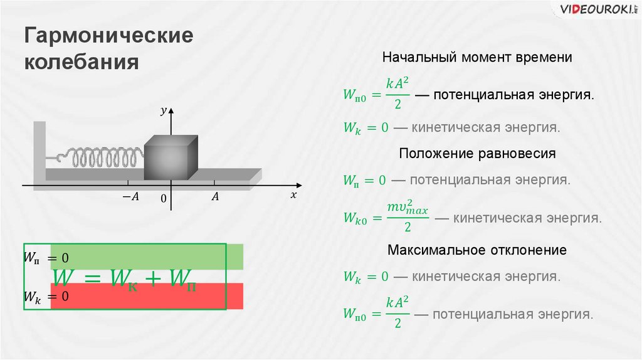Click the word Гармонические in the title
pos(108,36)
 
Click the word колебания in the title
pos(80,63)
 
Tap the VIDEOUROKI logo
pos(589,10)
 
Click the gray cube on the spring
pos(171,157)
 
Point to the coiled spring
pos(103,158)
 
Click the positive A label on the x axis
pos(214,197)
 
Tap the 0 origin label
pos(162,199)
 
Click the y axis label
pos(162,111)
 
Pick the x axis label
pos(293,195)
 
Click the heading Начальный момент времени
pos(477,58)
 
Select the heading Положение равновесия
pos(477,153)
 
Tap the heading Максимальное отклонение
pos(477,250)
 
